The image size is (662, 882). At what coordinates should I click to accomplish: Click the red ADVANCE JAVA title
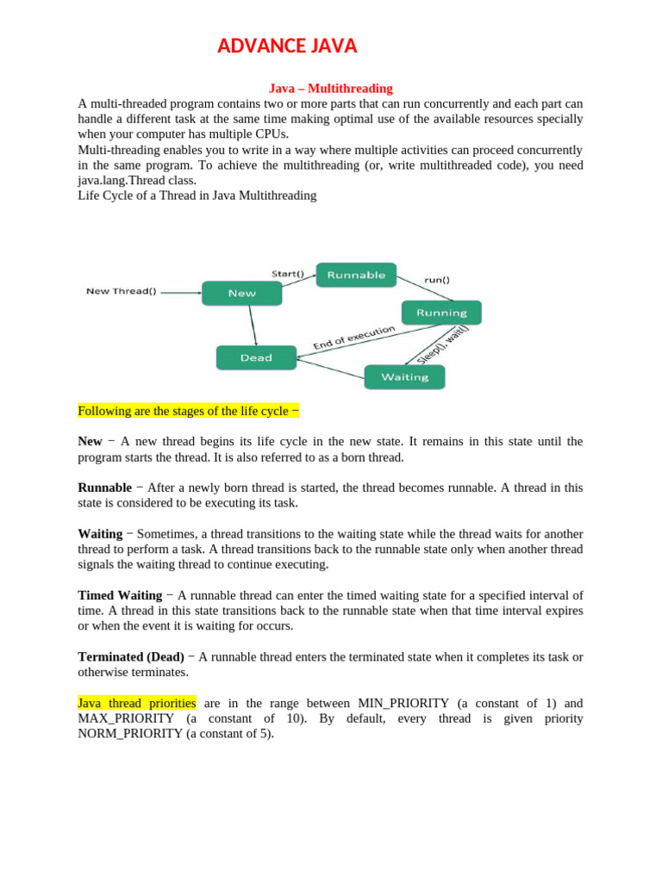point(287,47)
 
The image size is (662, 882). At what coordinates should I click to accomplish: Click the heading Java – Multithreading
point(331,88)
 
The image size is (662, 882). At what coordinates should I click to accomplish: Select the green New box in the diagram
point(241,293)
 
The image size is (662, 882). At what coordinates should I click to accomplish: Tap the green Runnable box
point(356,275)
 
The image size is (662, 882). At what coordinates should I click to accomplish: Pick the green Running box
point(441,313)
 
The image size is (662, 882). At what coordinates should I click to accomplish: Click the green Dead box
point(256,357)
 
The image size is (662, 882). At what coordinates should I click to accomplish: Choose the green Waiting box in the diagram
point(404,377)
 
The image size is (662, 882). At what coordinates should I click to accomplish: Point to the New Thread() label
point(122,291)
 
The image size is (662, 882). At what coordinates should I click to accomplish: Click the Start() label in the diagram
point(288,274)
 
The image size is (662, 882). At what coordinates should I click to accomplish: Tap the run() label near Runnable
point(436,280)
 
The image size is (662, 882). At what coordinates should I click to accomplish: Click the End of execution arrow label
point(353,338)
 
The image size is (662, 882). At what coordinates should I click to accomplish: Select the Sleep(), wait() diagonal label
point(443,344)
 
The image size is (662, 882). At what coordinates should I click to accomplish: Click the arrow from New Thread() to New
point(181,292)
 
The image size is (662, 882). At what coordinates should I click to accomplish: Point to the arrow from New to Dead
point(253,326)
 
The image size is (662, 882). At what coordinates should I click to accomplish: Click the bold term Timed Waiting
point(120,595)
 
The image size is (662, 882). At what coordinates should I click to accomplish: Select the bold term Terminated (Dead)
point(131,656)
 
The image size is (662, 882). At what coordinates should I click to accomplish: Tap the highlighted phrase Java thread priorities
point(137,703)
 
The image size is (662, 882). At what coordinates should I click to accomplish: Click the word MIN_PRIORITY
point(403,703)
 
